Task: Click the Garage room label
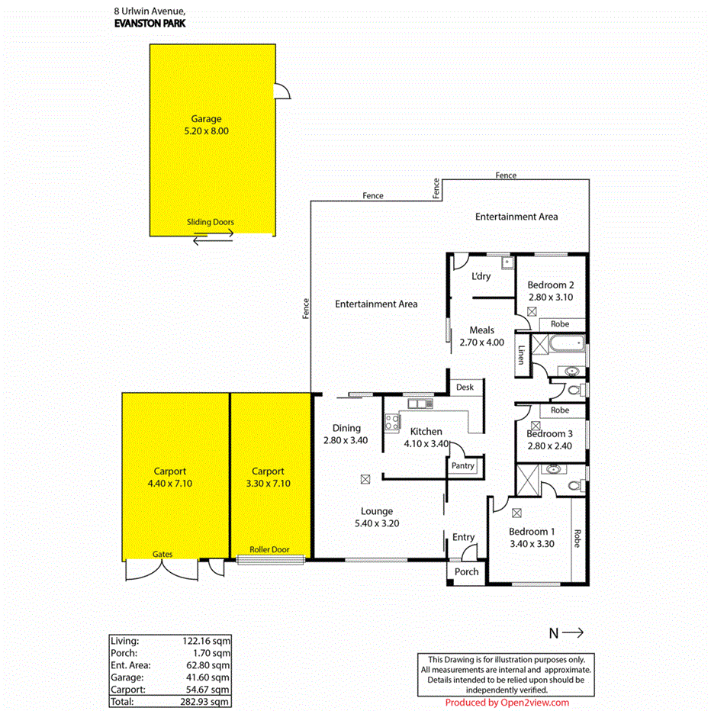[x=206, y=119]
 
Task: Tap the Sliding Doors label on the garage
[x=211, y=223]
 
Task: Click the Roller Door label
[x=269, y=549]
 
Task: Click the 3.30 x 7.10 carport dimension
[x=269, y=483]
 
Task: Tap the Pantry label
[x=463, y=466]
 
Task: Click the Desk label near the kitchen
[x=465, y=388]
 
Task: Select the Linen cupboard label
[x=522, y=355]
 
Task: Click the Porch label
[x=466, y=572]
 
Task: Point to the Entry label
[x=463, y=537]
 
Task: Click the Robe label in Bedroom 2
[x=560, y=324]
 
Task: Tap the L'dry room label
[x=481, y=276]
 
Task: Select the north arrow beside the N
[x=573, y=632]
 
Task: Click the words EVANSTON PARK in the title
[x=149, y=24]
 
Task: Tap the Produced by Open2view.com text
[x=507, y=703]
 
